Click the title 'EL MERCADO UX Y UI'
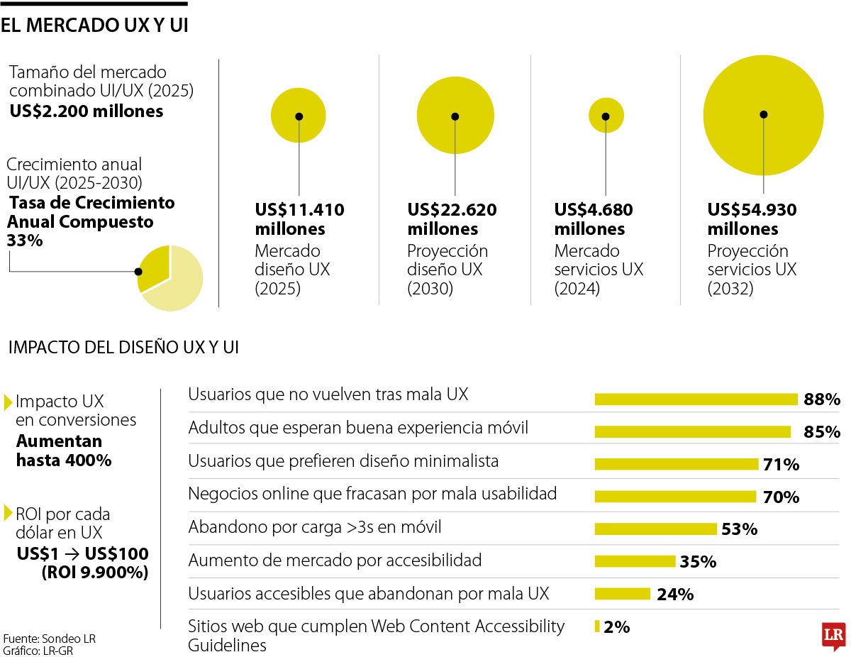point(94,26)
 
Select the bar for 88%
point(696,399)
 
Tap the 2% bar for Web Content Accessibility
point(597,626)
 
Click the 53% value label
point(739,529)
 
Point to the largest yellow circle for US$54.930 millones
point(763,115)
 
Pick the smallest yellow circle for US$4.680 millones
point(606,115)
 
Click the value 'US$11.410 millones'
point(299,219)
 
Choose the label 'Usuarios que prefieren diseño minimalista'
point(343,461)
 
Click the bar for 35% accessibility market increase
point(635,562)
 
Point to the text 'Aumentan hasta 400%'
point(64,451)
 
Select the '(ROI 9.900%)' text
point(95,573)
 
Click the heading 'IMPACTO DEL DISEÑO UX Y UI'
point(123,348)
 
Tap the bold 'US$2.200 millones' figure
point(86,111)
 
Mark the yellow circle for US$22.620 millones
point(455,116)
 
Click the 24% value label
point(675,595)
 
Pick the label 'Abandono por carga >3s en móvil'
point(314,527)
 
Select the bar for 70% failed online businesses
point(675,497)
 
